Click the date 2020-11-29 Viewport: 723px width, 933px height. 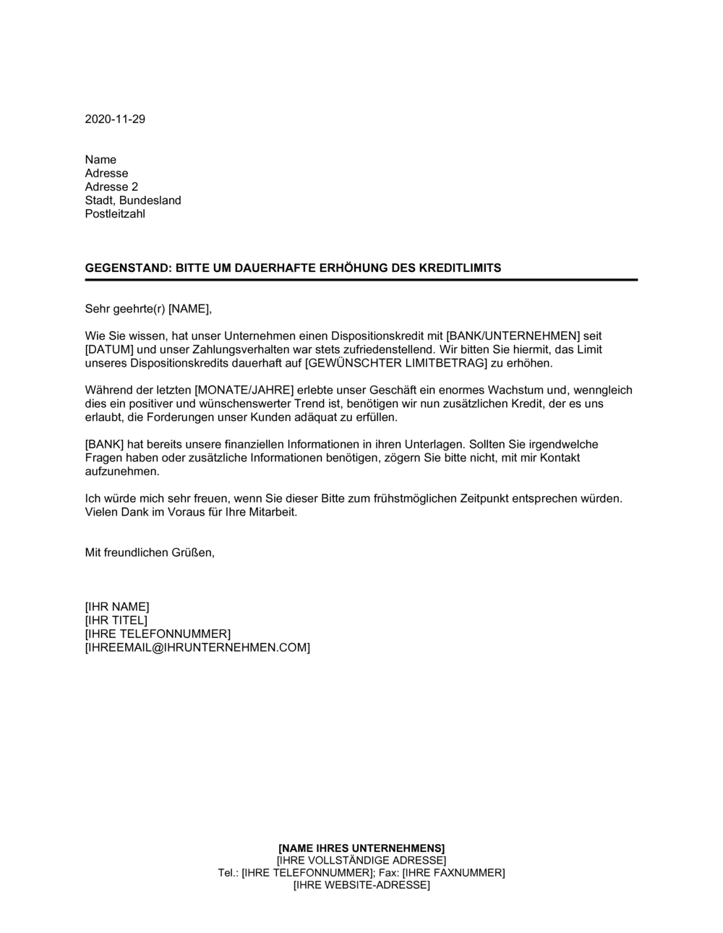pyautogui.click(x=115, y=119)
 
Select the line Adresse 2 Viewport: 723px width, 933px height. pyautogui.click(x=111, y=187)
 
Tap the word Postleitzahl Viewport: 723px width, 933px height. pyautogui.click(x=115, y=214)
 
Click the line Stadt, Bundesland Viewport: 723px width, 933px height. pyautogui.click(x=133, y=200)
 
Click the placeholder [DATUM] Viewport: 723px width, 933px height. pyautogui.click(x=109, y=349)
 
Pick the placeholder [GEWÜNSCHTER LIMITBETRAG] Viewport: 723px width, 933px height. pyautogui.click(x=393, y=363)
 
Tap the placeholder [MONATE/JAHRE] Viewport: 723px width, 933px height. pyautogui.click(x=244, y=390)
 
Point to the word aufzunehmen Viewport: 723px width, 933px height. pyautogui.click(x=121, y=471)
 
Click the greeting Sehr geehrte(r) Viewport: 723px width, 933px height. pyautogui.click(x=125, y=309)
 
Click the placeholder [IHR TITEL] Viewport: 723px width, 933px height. pyautogui.click(x=116, y=620)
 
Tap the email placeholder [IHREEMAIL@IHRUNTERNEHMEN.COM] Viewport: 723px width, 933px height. pyautogui.click(x=197, y=647)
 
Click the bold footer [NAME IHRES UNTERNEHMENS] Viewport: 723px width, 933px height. pyautogui.click(x=361, y=848)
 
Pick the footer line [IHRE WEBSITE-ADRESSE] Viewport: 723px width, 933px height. pyautogui.click(x=361, y=885)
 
